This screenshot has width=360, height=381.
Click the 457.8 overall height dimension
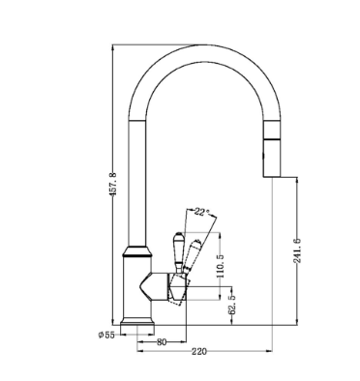112,185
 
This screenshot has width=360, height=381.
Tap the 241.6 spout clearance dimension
297,250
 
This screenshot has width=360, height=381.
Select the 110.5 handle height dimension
221,266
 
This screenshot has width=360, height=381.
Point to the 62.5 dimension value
232,305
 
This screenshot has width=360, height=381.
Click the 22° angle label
202,212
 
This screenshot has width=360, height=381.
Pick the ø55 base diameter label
106,335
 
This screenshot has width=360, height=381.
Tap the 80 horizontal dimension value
162,342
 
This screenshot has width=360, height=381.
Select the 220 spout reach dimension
199,351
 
